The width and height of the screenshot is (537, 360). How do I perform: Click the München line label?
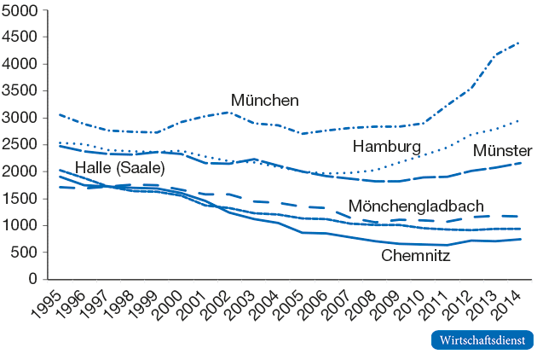coord(265,101)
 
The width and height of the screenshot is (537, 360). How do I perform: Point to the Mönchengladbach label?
coord(416,206)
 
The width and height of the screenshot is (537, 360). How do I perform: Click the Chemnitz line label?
coord(416,255)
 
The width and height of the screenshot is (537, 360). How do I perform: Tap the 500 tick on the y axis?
coord(25,253)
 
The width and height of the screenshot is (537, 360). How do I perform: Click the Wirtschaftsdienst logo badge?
coord(482,340)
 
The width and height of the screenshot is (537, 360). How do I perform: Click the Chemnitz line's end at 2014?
coord(519,239)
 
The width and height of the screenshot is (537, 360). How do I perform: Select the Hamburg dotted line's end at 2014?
coord(519,120)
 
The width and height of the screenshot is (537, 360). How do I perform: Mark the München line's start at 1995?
coord(49,114)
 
